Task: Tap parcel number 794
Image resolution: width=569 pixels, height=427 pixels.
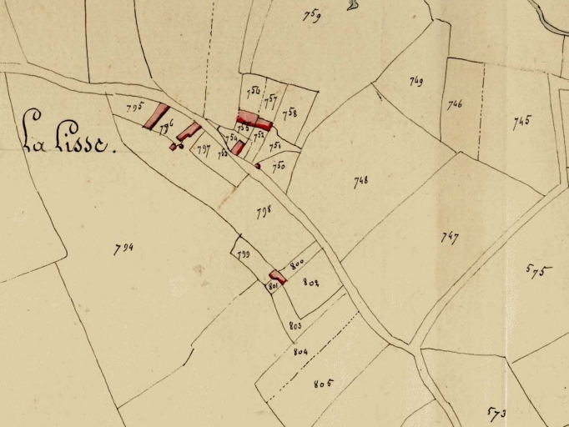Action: (123, 248)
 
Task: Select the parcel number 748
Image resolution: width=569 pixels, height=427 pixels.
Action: (360, 180)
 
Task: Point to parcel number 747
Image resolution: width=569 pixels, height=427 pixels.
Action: (450, 237)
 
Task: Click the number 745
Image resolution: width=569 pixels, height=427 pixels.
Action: (521, 122)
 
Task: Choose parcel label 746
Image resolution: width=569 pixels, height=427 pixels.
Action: (455, 104)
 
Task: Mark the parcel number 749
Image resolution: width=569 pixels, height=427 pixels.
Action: (416, 81)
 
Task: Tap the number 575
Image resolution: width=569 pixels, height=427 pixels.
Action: (539, 269)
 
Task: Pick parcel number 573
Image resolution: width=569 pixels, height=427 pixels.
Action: (497, 413)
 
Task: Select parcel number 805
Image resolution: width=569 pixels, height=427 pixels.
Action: (324, 384)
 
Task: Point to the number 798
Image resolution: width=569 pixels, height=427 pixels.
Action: (263, 211)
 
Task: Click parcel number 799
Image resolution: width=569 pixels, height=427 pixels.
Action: (243, 254)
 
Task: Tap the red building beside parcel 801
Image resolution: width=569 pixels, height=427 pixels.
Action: (277, 276)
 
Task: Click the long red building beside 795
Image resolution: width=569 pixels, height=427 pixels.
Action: (156, 117)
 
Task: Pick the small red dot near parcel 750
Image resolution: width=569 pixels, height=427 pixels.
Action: (258, 166)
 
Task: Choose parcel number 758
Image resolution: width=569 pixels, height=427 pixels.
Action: (290, 113)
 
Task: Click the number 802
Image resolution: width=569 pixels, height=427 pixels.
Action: (311, 282)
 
